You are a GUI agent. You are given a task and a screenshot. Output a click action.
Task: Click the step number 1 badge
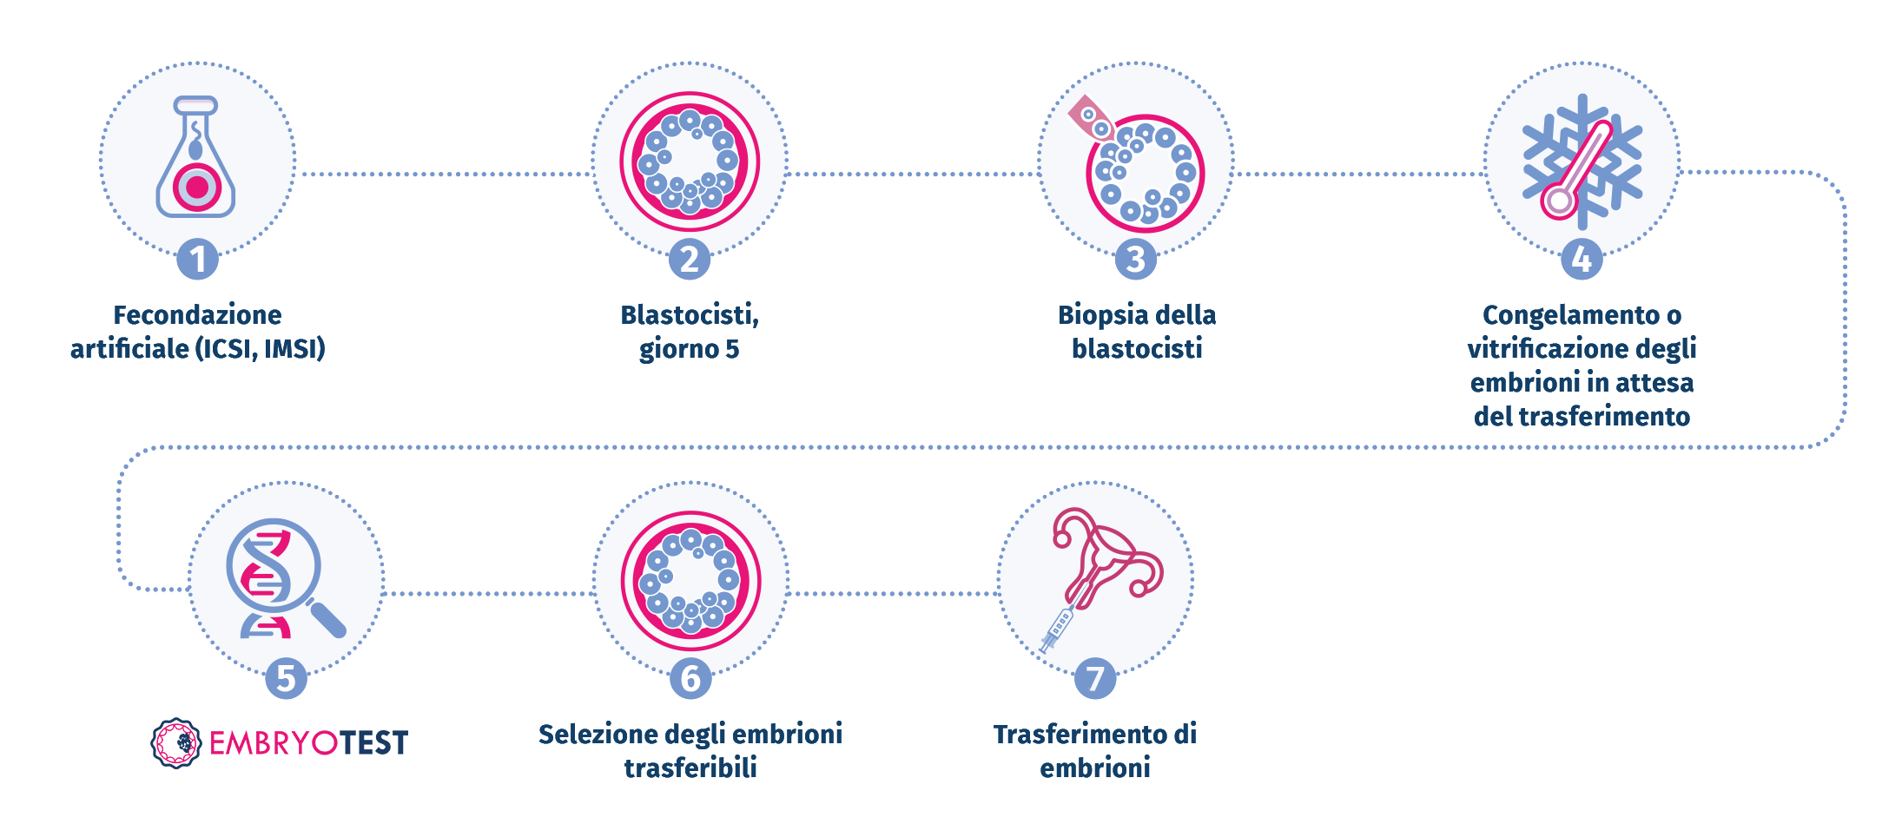(198, 260)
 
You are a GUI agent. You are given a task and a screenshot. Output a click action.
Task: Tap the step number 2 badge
(690, 260)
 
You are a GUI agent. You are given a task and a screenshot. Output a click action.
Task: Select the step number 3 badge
(1135, 260)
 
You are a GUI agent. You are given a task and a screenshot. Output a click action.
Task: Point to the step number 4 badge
(1582, 260)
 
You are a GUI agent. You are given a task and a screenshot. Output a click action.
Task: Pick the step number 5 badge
(286, 679)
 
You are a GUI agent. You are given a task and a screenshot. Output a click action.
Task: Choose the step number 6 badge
(690, 679)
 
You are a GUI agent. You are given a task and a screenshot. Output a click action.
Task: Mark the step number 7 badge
(1095, 679)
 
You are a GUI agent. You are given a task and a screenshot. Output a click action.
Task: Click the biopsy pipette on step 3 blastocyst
(1090, 119)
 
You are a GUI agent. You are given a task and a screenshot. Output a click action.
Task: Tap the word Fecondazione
(197, 314)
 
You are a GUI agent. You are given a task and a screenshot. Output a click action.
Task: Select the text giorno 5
(689, 349)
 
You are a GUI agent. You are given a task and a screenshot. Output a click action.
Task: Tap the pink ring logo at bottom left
(179, 743)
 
